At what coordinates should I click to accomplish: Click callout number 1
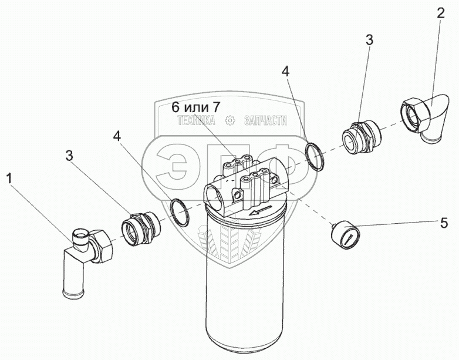[x=9, y=176]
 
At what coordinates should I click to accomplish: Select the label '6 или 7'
[x=196, y=108]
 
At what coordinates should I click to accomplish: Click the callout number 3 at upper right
[x=369, y=40]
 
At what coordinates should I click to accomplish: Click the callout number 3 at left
[x=69, y=156]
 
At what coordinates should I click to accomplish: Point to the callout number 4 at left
[x=118, y=136]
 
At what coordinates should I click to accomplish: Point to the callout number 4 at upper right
[x=285, y=72]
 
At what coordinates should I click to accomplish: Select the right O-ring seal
[x=316, y=157]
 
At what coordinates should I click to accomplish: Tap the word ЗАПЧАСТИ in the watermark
[x=262, y=121]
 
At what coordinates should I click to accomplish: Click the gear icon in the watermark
[x=230, y=121]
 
